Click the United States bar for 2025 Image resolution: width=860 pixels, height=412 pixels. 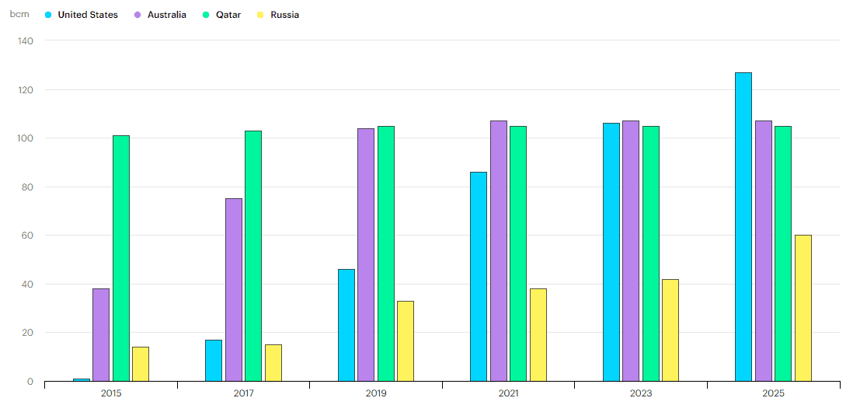tap(743, 227)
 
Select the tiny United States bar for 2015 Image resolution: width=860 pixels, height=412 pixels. tap(81, 379)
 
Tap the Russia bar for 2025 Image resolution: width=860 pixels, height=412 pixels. tap(803, 308)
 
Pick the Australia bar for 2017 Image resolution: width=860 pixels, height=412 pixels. tap(233, 290)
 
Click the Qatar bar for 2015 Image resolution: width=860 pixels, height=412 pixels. tap(121, 258)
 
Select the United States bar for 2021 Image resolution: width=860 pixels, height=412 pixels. tap(479, 277)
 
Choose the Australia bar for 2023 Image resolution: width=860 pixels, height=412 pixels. tap(631, 251)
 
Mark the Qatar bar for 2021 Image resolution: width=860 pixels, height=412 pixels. tap(518, 253)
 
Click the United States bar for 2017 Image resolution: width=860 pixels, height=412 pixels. tap(214, 361)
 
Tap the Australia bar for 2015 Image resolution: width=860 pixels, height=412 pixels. tap(101, 335)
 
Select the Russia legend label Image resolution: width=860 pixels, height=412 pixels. tap(284, 15)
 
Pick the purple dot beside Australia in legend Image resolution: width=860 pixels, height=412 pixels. tap(138, 15)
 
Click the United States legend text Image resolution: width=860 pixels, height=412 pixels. tap(88, 15)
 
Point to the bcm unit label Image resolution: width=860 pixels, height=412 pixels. tap(19, 14)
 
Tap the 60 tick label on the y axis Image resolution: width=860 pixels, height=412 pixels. tap(28, 236)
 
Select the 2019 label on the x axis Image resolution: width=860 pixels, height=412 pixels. tap(376, 394)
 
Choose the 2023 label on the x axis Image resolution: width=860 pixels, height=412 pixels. tap(641, 394)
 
